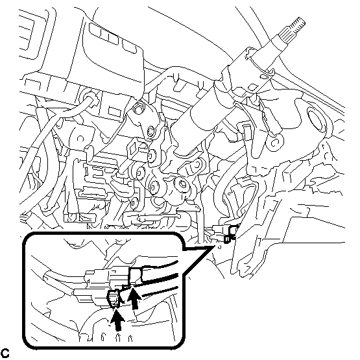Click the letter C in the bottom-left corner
point(5,353)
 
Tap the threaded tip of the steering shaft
point(298,23)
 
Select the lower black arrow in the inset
point(117,320)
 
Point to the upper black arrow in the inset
point(134,298)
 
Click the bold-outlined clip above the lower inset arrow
point(114,298)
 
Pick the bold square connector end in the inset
point(136,276)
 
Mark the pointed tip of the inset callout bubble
point(215,246)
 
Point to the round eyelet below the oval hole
point(276,142)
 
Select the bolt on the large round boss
point(182,184)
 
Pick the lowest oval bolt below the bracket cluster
point(134,204)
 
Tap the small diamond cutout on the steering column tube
point(252,87)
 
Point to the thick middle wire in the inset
point(161,278)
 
